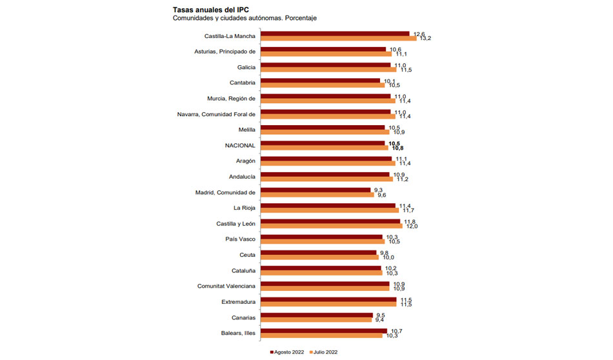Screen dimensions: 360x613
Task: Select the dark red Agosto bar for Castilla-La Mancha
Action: tap(336, 34)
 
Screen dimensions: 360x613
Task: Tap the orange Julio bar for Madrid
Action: tap(317, 195)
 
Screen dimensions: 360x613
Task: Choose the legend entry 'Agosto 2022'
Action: tap(288, 352)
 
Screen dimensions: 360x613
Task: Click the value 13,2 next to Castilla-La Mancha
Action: tap(425, 39)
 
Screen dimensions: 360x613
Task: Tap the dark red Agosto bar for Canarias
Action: tap(318, 315)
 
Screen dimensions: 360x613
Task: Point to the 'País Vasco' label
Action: tap(240, 239)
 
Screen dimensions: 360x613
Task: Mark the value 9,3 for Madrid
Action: tap(379, 190)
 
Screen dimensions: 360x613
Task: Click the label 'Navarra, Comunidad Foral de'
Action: tap(217, 114)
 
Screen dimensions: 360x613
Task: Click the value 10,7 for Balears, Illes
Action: tap(396, 331)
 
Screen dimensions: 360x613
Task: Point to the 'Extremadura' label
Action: tap(238, 301)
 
